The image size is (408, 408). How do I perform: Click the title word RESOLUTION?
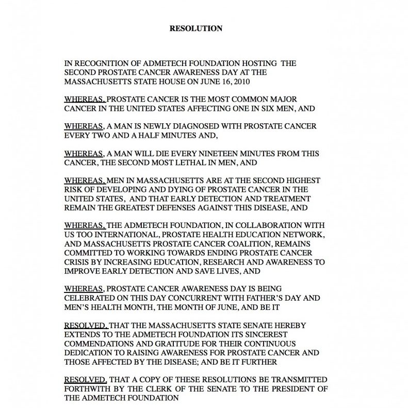(196, 29)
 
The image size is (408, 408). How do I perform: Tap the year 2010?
(242, 81)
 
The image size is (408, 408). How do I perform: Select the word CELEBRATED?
(90, 298)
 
